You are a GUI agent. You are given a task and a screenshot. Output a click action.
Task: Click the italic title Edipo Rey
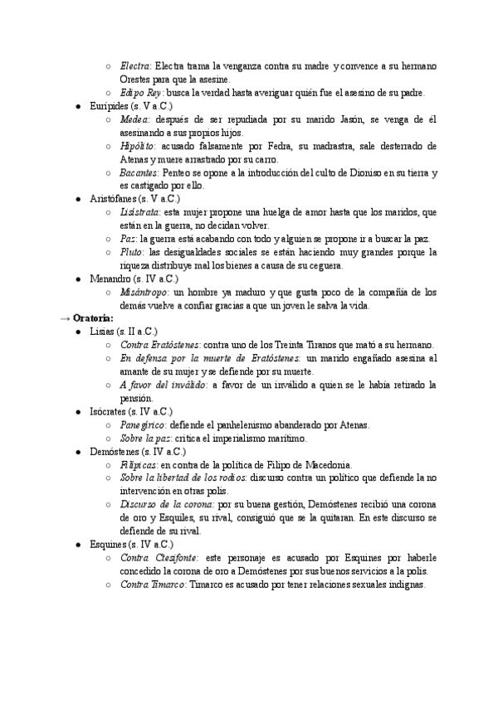click(x=141, y=93)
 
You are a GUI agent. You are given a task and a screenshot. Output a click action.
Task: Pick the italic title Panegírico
click(x=143, y=424)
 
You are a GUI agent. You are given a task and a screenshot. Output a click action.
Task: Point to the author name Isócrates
click(x=110, y=411)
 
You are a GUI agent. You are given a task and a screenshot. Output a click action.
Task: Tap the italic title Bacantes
click(x=139, y=172)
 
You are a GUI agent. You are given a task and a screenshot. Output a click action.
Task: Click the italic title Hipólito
click(x=138, y=146)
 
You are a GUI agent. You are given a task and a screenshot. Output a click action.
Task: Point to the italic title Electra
click(x=134, y=66)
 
